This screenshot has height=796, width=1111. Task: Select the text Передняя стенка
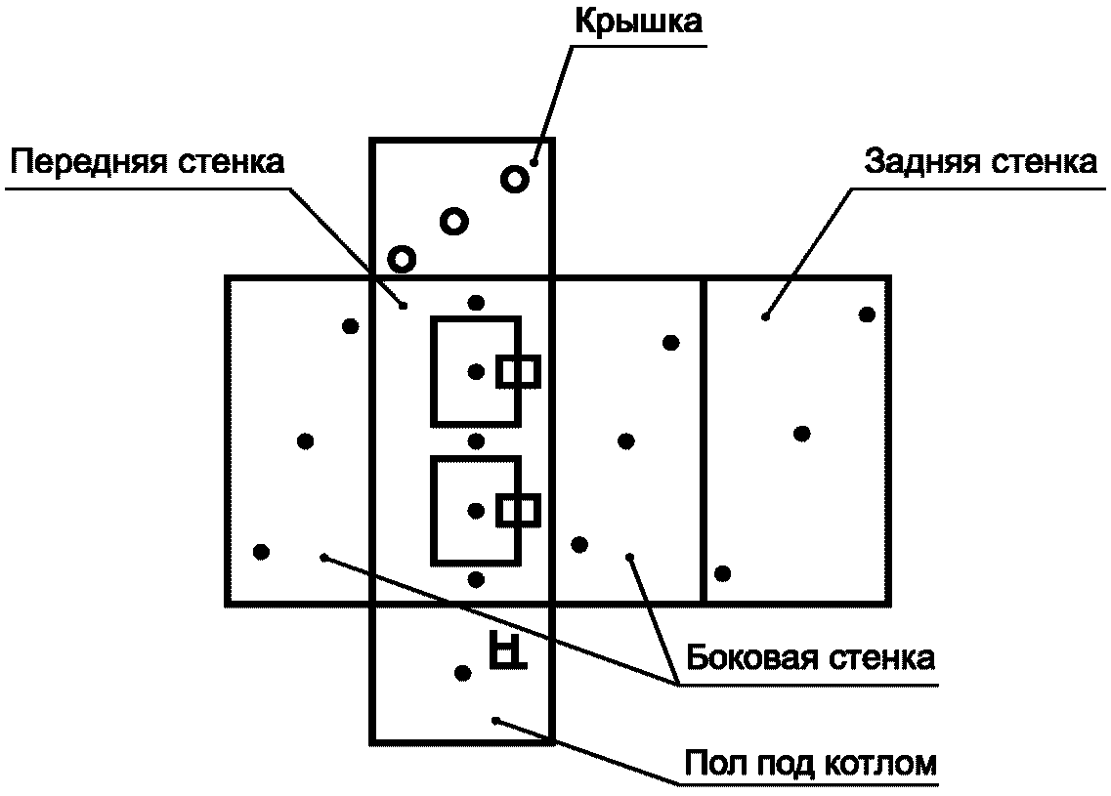pyautogui.click(x=149, y=161)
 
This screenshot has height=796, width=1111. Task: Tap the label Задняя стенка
pyautogui.click(x=979, y=161)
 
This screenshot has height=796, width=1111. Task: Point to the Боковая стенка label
pyautogui.click(x=810, y=657)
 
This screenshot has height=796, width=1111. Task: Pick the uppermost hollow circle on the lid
pyautogui.click(x=515, y=179)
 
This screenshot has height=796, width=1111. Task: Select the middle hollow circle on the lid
pyautogui.click(x=453, y=222)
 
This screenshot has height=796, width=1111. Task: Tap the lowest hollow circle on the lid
pyautogui.click(x=402, y=259)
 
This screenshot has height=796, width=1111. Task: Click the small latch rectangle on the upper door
pyautogui.click(x=518, y=371)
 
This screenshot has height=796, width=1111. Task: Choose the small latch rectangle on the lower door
pyautogui.click(x=518, y=510)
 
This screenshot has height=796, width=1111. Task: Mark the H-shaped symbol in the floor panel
pyautogui.click(x=506, y=649)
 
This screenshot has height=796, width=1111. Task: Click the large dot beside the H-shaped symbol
pyautogui.click(x=463, y=672)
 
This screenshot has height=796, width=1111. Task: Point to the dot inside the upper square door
pyautogui.click(x=476, y=371)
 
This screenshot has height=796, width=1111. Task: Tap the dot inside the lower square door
pyautogui.click(x=476, y=510)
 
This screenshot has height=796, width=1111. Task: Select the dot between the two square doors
pyautogui.click(x=476, y=440)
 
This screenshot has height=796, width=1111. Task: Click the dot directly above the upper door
pyautogui.click(x=476, y=302)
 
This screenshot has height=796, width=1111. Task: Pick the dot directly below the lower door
pyautogui.click(x=476, y=579)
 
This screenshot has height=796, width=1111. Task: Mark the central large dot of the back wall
pyautogui.click(x=801, y=434)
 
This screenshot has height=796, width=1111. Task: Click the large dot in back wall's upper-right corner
pyautogui.click(x=866, y=314)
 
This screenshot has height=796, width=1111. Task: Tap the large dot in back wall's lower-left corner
pyautogui.click(x=723, y=572)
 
